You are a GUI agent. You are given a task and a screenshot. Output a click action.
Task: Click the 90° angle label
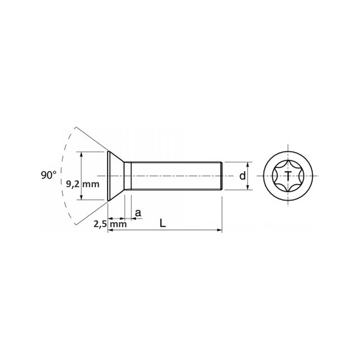tap(48, 175)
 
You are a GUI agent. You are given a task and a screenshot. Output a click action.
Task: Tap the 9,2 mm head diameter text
tap(82, 184)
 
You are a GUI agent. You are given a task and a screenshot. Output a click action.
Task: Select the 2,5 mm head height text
tap(110, 224)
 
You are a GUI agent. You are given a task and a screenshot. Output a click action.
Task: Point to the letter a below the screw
tap(138, 213)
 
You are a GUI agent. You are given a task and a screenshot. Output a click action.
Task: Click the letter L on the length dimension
tap(163, 224)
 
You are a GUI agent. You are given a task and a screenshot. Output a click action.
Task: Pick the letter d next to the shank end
tap(243, 176)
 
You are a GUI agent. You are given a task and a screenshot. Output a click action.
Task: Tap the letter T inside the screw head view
tap(288, 176)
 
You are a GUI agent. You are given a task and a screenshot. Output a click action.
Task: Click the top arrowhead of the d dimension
tap(248, 164)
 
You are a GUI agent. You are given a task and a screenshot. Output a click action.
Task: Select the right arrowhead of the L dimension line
tap(220, 230)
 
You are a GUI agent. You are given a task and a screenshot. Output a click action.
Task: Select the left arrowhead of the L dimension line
tap(111, 230)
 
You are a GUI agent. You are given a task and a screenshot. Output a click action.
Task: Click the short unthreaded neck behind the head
tap(127, 176)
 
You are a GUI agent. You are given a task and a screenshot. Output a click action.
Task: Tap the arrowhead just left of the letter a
tap(133, 218)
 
